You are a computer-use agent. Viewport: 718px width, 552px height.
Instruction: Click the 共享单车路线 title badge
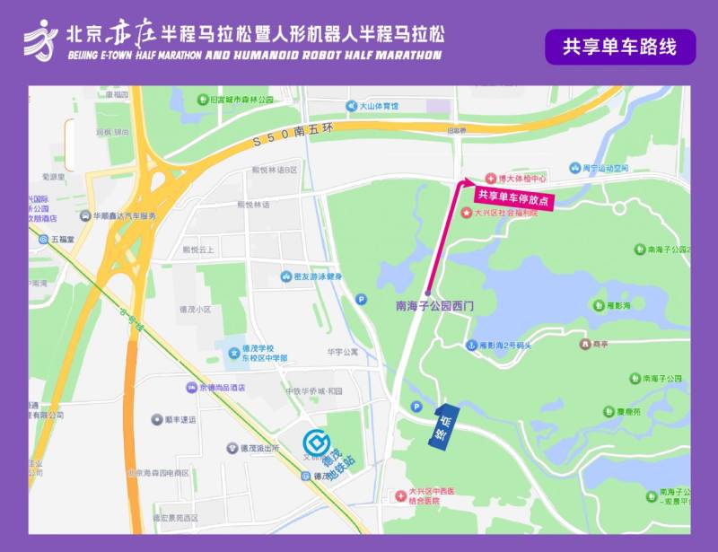[619, 47]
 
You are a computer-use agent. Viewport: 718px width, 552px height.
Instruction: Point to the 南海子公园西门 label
[433, 306]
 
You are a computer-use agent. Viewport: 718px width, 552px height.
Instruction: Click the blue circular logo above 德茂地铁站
[315, 442]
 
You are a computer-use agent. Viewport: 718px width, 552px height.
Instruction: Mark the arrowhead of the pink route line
[464, 184]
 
